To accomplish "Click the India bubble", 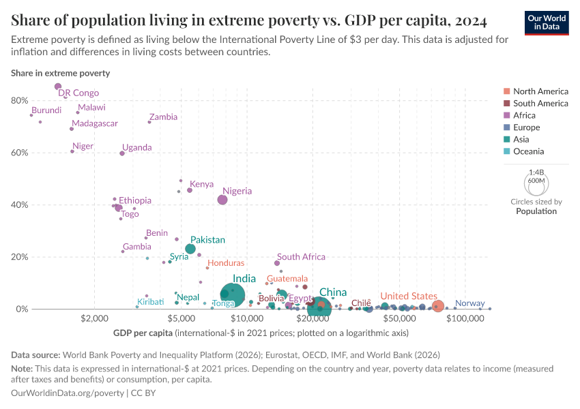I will click(233, 294).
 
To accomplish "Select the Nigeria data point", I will click(222, 200).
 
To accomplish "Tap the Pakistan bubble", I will click(190, 249).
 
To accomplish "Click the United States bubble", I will click(438, 306).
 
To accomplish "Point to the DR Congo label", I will click(78, 93).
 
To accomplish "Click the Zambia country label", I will click(163, 117).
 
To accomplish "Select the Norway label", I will click(469, 303).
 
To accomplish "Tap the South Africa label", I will click(301, 257).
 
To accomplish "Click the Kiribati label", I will click(150, 302).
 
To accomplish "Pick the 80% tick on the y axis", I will click(19, 100).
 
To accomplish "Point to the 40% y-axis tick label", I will click(19, 204).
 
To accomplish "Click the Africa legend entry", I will click(524, 115).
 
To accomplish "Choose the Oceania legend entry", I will click(528, 151).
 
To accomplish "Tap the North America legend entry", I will click(540, 91).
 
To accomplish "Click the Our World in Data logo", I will click(546, 22).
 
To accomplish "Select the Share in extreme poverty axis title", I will click(60, 72).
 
